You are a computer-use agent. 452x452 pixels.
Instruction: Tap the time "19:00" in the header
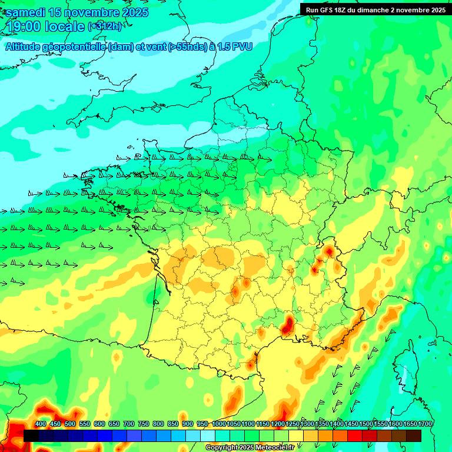[25, 27]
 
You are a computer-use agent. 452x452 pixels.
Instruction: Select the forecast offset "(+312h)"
[105, 26]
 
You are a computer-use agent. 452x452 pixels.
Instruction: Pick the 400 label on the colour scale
[41, 424]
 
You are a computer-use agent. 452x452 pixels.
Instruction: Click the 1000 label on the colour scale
[219, 424]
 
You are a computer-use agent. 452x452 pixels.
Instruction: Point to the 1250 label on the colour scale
[293, 424]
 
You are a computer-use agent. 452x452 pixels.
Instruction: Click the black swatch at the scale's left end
[31, 436]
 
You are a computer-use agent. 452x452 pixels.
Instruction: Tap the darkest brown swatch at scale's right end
[414, 436]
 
